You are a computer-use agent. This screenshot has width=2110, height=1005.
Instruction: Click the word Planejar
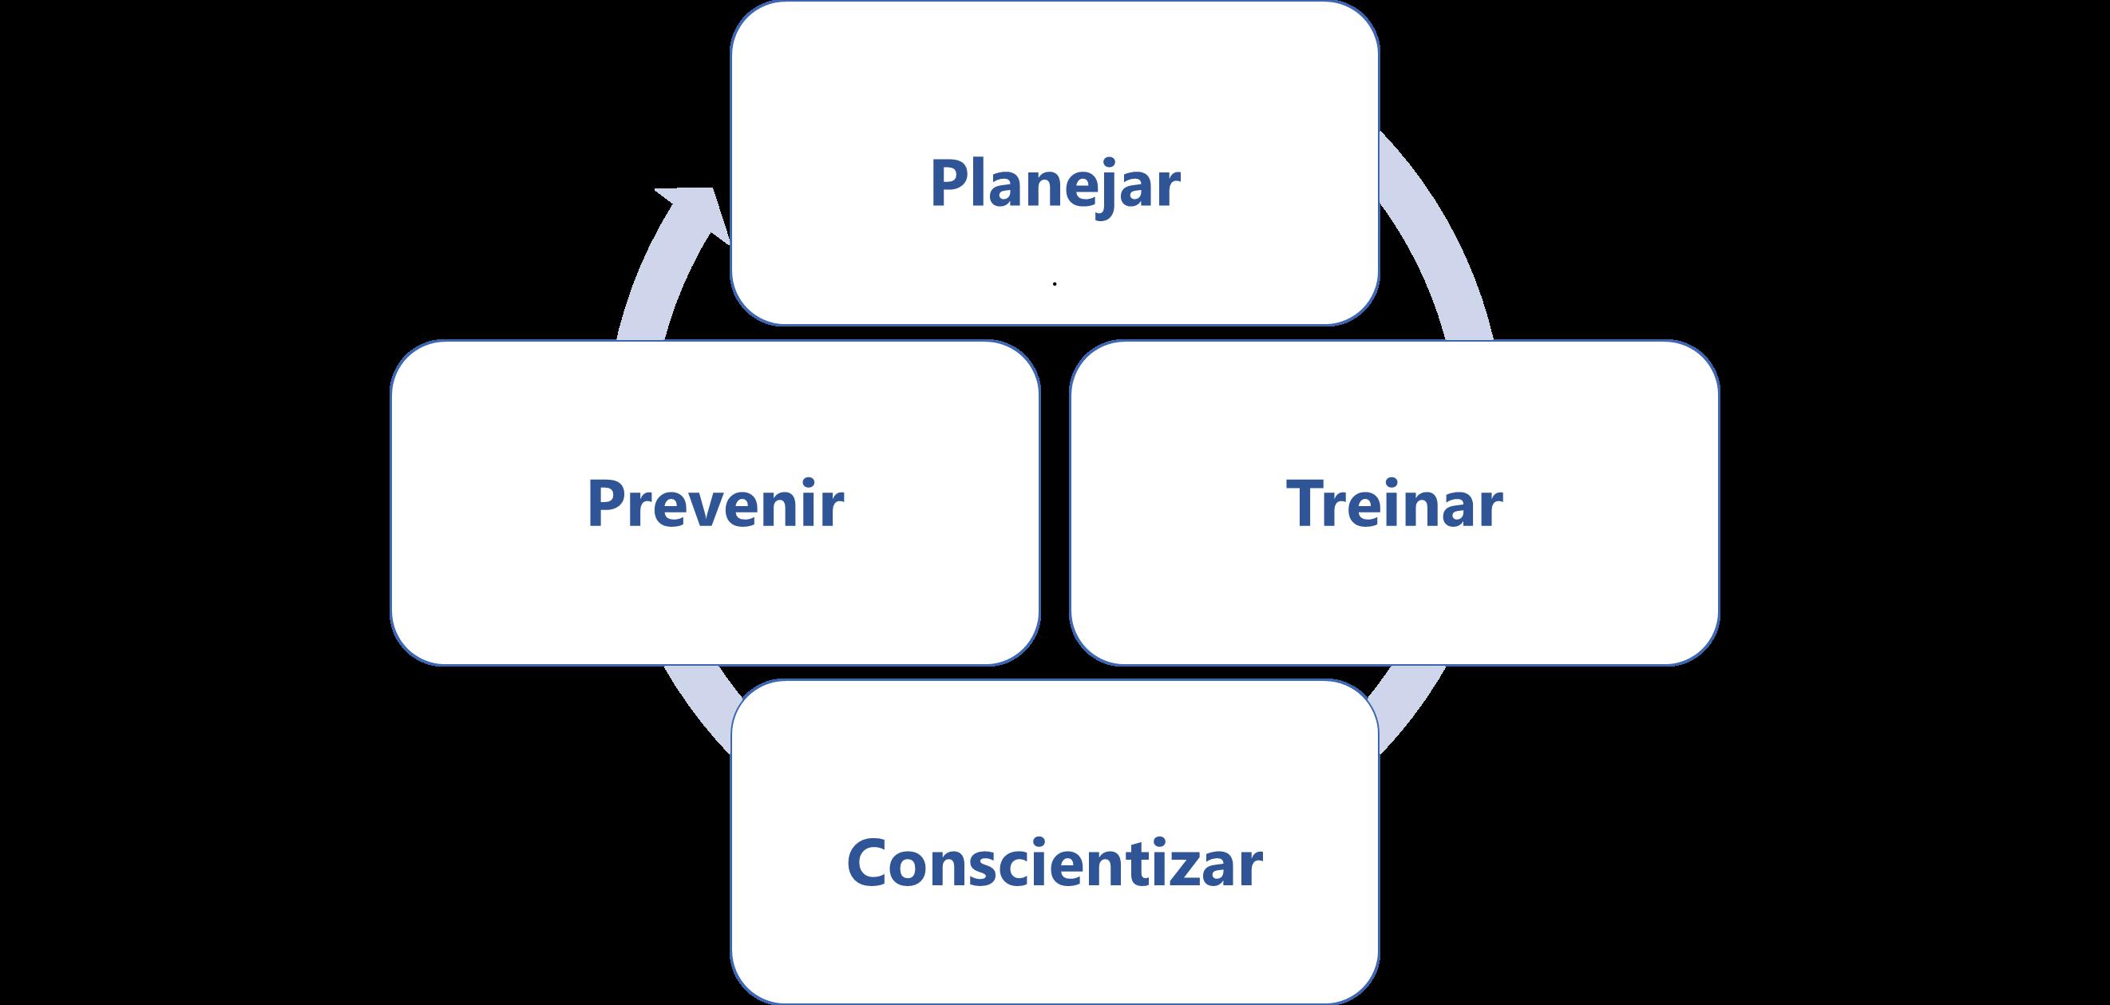point(1055,185)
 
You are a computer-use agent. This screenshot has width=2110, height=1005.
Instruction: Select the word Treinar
point(1395,504)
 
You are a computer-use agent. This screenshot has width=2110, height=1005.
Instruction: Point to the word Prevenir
point(715,504)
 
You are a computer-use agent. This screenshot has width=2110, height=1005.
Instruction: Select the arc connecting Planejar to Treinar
point(1442,238)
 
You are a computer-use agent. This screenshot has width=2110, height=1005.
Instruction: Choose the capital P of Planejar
point(948,184)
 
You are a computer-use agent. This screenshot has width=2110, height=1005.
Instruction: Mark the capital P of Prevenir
point(605,503)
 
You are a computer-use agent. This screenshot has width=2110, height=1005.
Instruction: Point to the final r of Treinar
point(1490,508)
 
